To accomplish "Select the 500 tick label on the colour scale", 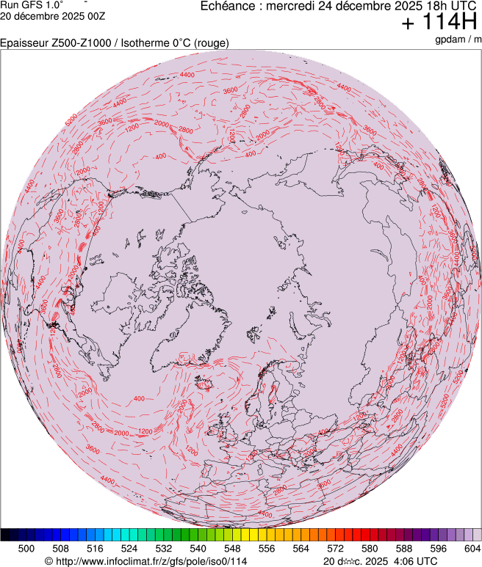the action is (x=26, y=548).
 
